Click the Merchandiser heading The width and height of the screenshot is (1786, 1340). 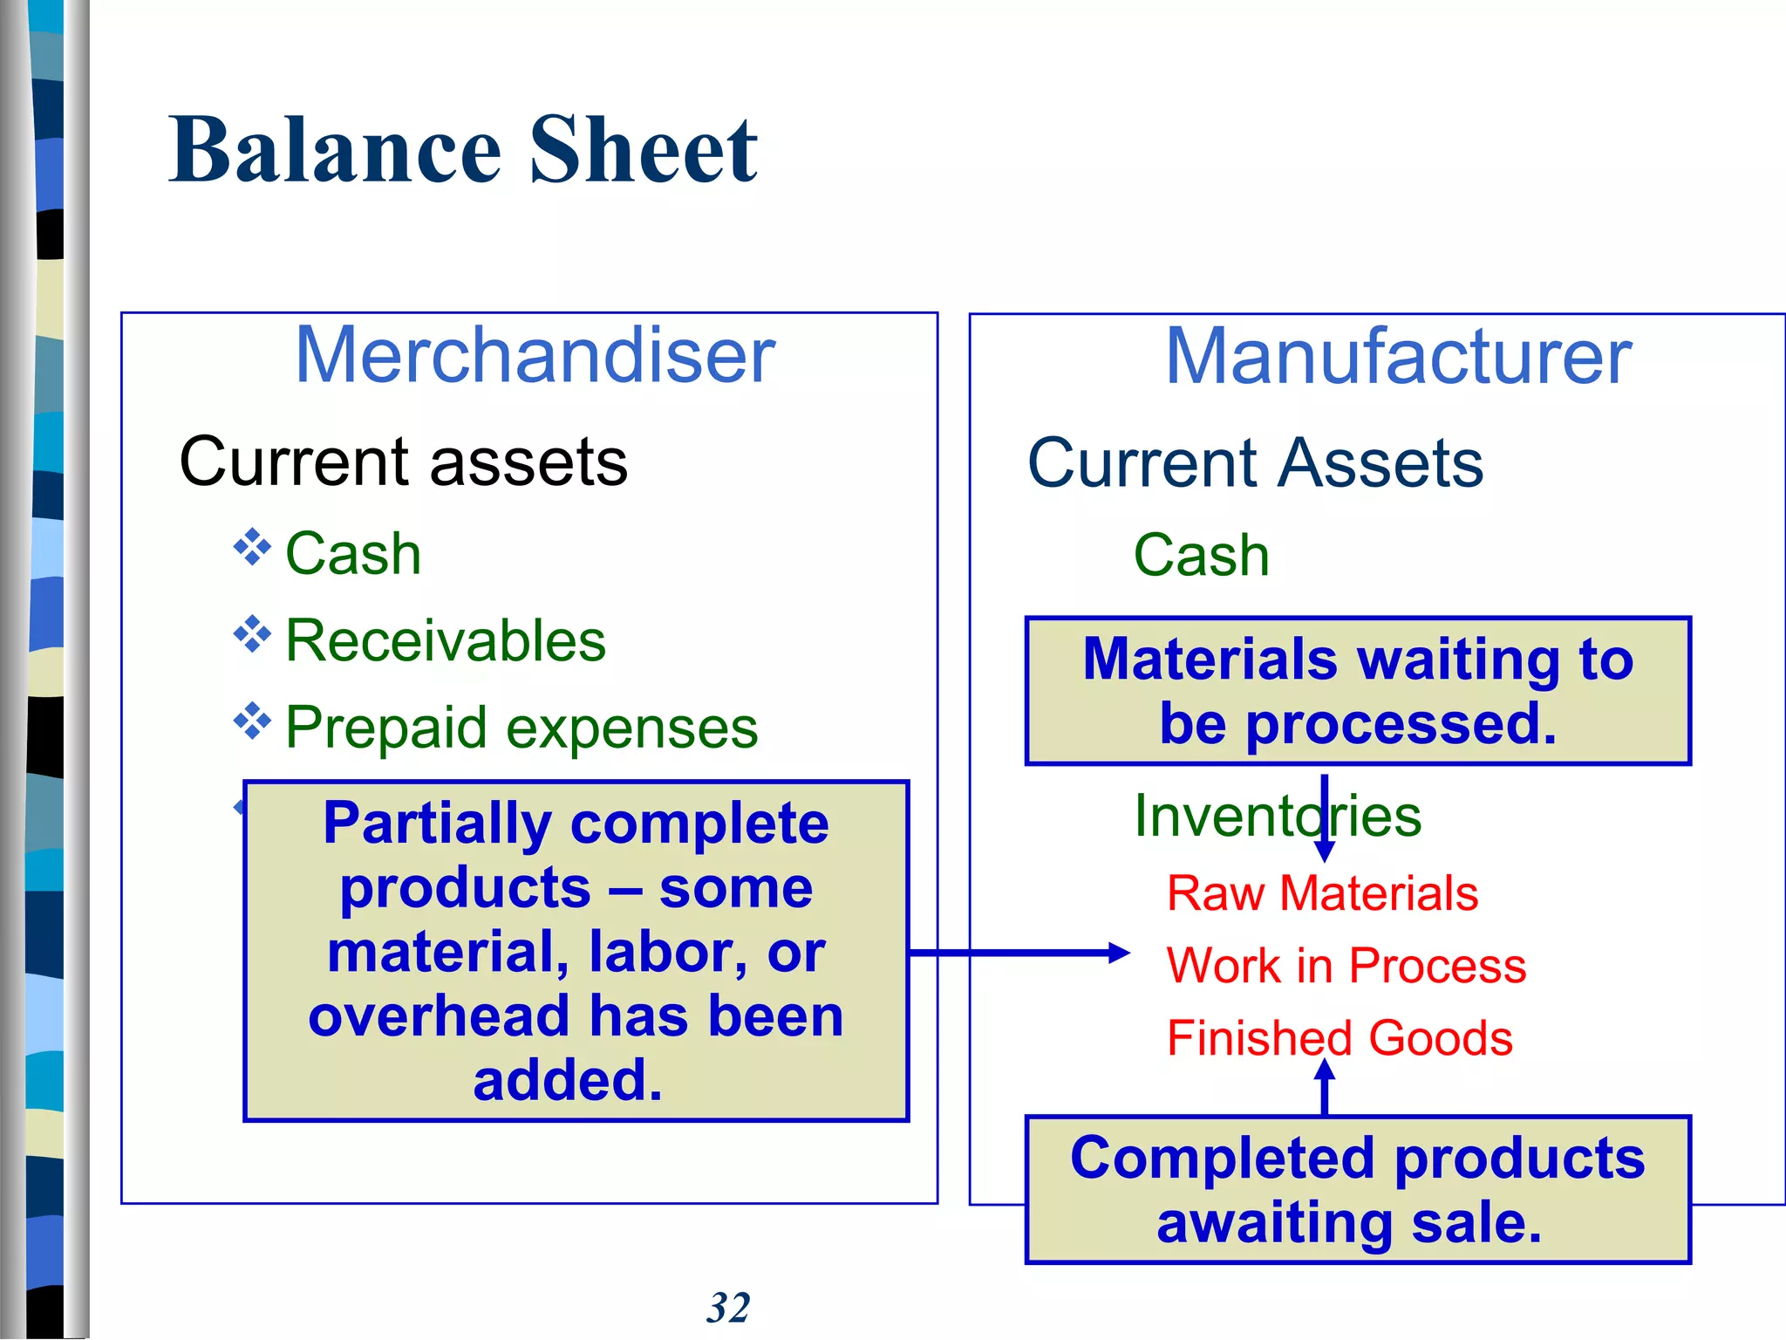coord(535,355)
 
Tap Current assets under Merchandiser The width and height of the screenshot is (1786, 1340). coord(403,461)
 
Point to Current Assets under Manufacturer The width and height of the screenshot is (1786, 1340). coord(1255,462)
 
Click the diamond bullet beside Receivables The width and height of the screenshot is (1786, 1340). coord(252,634)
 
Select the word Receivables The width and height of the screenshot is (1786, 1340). coord(446,640)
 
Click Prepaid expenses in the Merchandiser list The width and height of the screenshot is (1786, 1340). coord(521,728)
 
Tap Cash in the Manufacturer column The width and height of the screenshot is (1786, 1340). coord(1201,555)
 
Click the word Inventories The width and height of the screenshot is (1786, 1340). coord(1277,816)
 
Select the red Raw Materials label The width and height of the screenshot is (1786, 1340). coord(1322,893)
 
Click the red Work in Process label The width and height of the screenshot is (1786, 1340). coord(1346,966)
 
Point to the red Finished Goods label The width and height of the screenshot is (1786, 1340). coord(1339,1038)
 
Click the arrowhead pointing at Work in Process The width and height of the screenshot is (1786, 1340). coord(1119,953)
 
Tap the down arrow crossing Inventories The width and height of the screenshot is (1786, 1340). coord(1324,820)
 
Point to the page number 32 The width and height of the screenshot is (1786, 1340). coord(728,1308)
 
